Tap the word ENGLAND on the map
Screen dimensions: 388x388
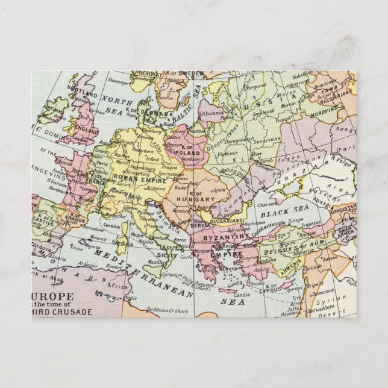coord(86,130)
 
